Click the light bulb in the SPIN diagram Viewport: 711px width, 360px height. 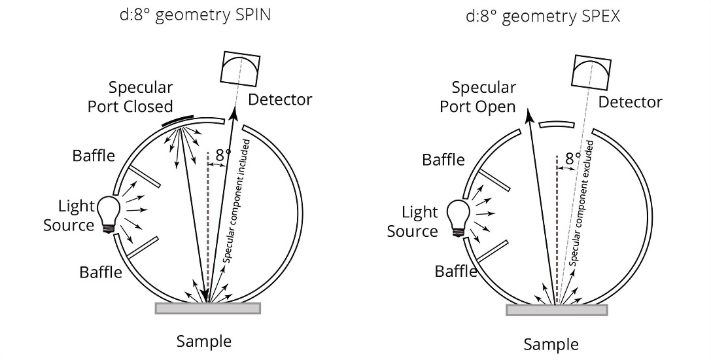click(109, 214)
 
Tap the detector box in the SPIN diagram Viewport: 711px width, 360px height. click(240, 68)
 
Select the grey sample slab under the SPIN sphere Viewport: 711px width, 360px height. click(208, 308)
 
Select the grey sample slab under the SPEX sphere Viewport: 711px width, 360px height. click(557, 310)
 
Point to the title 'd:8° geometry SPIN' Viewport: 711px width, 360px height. click(195, 16)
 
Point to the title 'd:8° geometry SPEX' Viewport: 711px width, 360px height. click(543, 17)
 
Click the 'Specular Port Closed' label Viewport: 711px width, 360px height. click(131, 97)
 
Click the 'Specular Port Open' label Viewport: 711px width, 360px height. click(477, 97)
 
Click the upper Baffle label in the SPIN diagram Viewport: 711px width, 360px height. click(94, 156)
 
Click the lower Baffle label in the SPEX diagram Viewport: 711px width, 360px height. click(456, 272)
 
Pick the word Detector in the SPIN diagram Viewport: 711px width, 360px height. click(280, 99)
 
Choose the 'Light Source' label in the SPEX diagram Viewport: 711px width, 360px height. click(413, 221)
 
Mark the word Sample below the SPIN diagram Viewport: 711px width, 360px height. click(204, 342)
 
